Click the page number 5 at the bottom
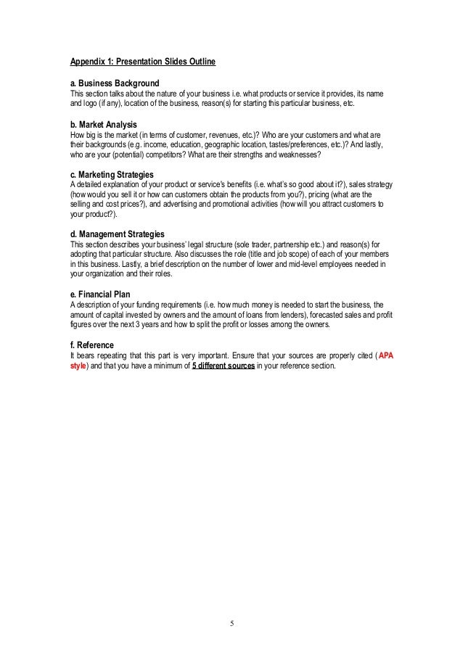[232, 622]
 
